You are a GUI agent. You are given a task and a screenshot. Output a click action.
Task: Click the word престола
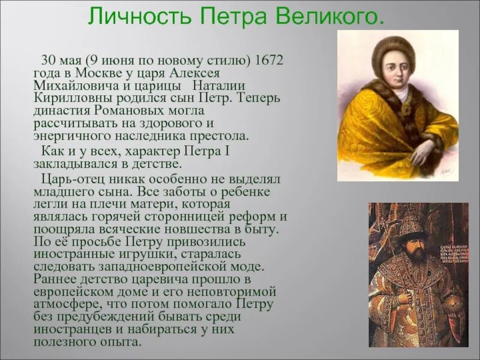click(221, 136)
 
